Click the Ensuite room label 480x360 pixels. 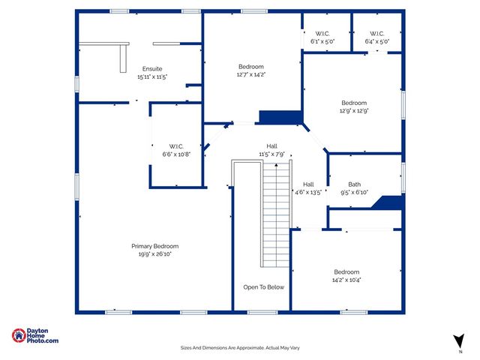pyautogui.click(x=151, y=68)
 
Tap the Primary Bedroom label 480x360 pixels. pyautogui.click(x=155, y=246)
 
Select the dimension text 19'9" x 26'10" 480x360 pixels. pyautogui.click(x=155, y=254)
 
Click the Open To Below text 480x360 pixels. pyautogui.click(x=263, y=287)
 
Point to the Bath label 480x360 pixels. pyautogui.click(x=354, y=184)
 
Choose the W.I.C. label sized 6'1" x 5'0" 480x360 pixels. pyautogui.click(x=322, y=34)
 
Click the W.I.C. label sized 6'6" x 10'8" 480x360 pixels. pyautogui.click(x=176, y=145)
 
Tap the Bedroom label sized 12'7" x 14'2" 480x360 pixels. pyautogui.click(x=251, y=66)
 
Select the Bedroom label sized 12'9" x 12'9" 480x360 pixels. pyautogui.click(x=354, y=103)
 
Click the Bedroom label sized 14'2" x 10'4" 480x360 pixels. pyautogui.click(x=346, y=271)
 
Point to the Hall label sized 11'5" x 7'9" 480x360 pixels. pyautogui.click(x=271, y=145)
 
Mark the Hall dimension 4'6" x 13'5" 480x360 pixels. pyautogui.click(x=308, y=192)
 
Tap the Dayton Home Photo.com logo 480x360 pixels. pyautogui.click(x=35, y=336)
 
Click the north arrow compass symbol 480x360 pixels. pyautogui.click(x=457, y=340)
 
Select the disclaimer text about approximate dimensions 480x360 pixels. pyautogui.click(x=240, y=347)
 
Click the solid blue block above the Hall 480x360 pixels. pyautogui.click(x=279, y=118)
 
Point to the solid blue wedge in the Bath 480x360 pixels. pyautogui.click(x=391, y=202)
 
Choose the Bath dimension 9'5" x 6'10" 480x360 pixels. pyautogui.click(x=354, y=192)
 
